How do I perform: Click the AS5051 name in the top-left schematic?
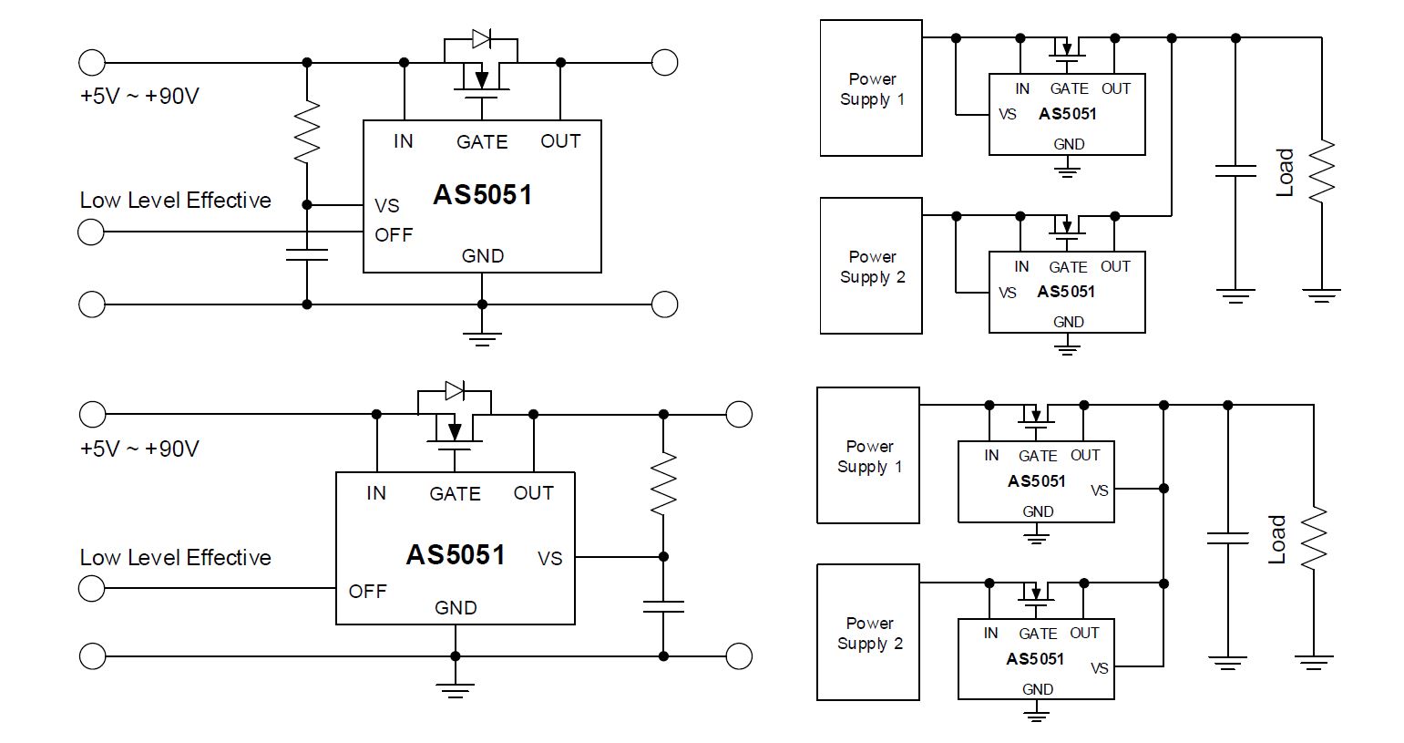coord(482,194)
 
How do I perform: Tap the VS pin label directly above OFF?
coord(386,206)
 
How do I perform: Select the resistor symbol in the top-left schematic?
coord(306,131)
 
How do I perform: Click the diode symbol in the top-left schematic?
coord(481,39)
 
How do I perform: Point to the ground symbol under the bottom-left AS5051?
coord(455,690)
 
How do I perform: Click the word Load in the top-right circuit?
coord(1285,172)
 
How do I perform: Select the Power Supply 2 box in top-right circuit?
coord(871,266)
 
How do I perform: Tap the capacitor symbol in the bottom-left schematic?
coord(663,606)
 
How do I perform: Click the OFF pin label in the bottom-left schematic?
coord(367,592)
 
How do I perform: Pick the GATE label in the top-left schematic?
coord(482,141)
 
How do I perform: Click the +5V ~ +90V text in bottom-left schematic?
coord(139,449)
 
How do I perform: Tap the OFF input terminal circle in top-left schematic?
coord(91,232)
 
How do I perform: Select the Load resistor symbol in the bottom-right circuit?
coord(1314,538)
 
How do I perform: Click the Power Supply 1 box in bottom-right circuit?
coord(868,455)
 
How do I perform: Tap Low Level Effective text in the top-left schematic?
coord(176,200)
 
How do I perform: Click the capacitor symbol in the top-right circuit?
coord(1235,170)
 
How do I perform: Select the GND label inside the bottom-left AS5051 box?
coord(456,607)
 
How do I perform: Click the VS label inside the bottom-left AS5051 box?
coord(549,558)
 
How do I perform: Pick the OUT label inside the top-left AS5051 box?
coord(560,141)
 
